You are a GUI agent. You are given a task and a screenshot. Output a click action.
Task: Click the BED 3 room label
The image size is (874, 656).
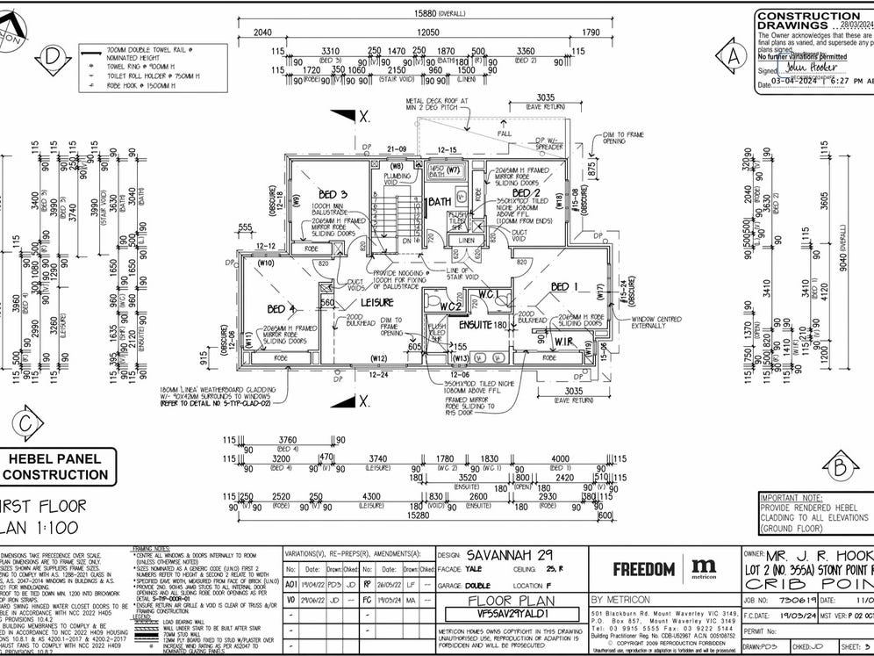[x=333, y=194]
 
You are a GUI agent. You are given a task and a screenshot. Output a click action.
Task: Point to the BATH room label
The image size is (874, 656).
[x=439, y=203]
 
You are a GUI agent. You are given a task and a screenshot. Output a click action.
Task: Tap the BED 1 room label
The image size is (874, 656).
[x=565, y=287]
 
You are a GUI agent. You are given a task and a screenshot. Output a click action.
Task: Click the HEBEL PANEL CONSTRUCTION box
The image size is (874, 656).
[x=56, y=466]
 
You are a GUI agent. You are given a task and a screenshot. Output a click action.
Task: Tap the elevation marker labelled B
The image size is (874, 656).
[x=841, y=464]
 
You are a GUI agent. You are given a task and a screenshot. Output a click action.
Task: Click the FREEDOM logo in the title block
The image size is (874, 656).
[x=643, y=569]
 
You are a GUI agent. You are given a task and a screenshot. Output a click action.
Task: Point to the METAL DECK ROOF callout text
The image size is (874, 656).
[x=438, y=105]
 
